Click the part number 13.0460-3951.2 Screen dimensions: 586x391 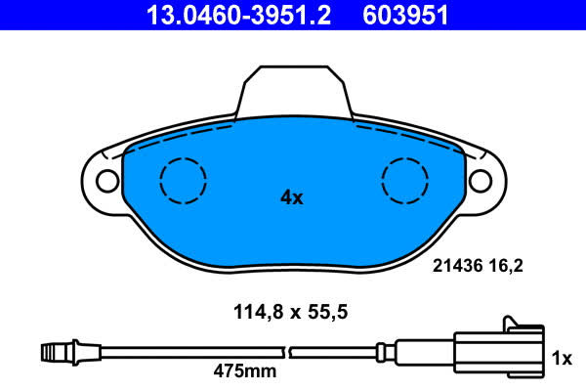coord(238,15)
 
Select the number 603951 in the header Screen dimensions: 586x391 coord(405,15)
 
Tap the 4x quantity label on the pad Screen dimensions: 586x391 coord(292,197)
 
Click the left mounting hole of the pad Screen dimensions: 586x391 coord(107,181)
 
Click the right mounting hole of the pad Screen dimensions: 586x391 coord(481,181)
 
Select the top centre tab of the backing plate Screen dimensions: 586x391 coord(294,92)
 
